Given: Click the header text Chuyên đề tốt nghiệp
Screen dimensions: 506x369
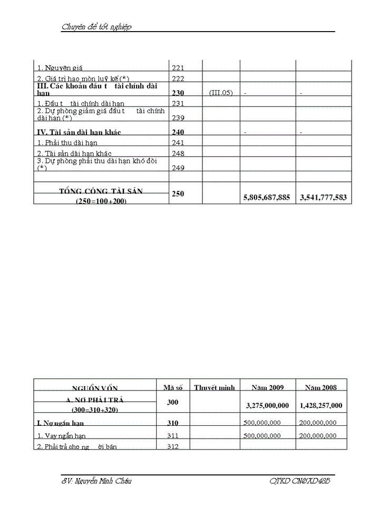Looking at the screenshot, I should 96,27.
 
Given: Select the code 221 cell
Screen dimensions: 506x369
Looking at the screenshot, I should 178,67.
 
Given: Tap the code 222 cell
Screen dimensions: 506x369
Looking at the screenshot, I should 178,79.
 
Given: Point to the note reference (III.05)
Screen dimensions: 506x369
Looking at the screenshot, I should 220,93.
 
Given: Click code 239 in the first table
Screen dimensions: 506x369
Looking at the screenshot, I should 178,118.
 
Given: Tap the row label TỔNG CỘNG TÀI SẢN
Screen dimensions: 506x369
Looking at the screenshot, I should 101,192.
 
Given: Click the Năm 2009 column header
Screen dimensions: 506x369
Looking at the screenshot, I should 267,387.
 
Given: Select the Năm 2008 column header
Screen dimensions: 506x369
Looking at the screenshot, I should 321,387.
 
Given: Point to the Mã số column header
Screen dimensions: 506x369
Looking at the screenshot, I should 172,387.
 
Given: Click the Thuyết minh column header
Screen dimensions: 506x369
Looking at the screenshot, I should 214,387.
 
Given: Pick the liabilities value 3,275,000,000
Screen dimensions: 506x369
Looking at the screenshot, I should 267,405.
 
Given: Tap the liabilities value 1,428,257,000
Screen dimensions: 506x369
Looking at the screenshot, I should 321,405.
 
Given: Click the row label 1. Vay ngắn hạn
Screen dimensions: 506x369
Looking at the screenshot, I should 61,436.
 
